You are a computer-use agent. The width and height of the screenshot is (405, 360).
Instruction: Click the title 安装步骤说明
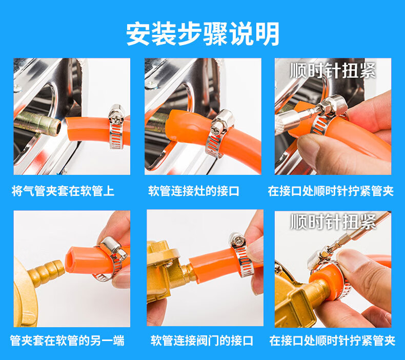pos(203,34)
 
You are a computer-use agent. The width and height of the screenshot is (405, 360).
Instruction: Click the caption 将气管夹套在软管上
pos(63,191)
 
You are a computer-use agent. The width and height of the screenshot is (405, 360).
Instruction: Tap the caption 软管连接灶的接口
pos(194,191)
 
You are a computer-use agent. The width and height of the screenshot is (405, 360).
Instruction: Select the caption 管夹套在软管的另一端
pos(67,341)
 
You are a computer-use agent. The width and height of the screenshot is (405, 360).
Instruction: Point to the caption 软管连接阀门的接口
pos(201,341)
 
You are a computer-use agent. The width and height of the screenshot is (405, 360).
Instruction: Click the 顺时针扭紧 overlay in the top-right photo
pos(333,70)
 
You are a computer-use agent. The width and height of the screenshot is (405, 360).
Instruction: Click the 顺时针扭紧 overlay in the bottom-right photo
pos(333,222)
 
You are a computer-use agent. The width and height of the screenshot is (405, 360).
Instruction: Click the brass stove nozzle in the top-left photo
pos(37,124)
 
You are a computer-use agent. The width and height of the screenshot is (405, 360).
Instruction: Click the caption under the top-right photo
pos(331,191)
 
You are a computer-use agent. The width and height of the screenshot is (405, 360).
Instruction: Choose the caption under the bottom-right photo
pos(332,341)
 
